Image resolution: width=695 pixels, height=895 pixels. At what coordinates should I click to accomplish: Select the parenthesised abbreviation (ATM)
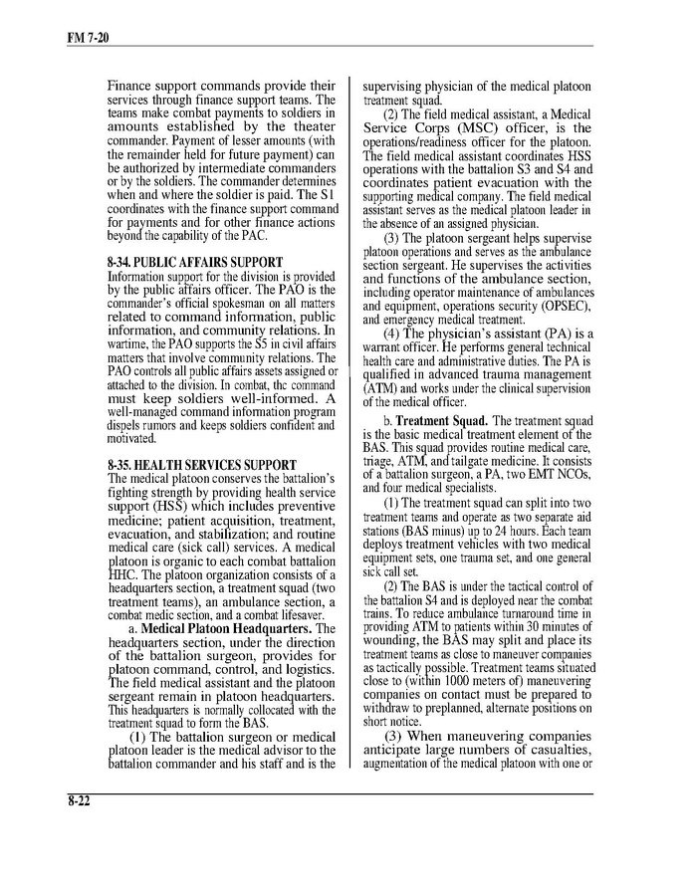pyautogui.click(x=380, y=388)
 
